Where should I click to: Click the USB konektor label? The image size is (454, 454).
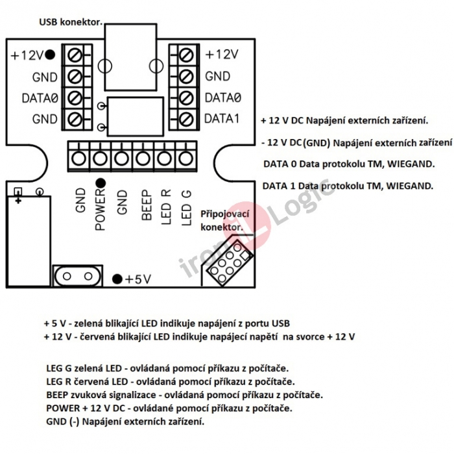click(71, 21)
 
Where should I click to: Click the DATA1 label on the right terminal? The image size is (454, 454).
click(222, 119)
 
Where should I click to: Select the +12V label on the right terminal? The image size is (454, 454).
click(222, 55)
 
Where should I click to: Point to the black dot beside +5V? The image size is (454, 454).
click(117, 279)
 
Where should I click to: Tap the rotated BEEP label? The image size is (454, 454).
click(145, 205)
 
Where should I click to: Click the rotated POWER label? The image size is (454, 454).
click(100, 210)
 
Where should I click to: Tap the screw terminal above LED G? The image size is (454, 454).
click(186, 158)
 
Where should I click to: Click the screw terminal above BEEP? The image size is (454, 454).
click(143, 158)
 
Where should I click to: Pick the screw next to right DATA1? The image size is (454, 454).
click(186, 119)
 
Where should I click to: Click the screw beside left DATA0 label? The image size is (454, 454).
click(75, 98)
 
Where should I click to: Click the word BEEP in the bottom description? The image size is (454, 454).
click(58, 394)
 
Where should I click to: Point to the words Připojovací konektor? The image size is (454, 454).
click(224, 220)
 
